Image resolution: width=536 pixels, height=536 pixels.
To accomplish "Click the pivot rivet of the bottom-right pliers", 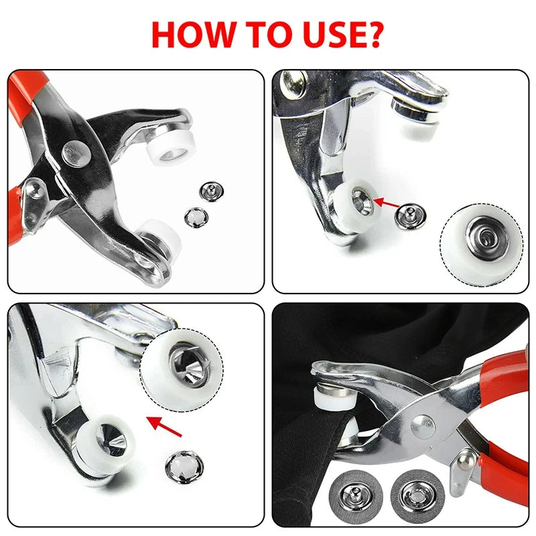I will tap(422, 423).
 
